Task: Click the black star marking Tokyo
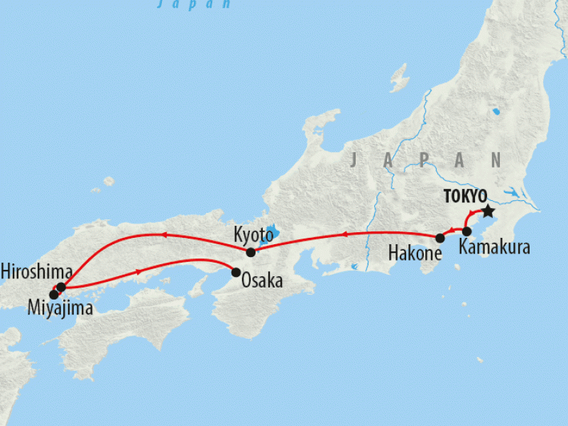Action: [488, 212]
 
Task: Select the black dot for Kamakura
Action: [467, 231]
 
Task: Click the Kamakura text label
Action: [493, 248]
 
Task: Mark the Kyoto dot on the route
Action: [250, 252]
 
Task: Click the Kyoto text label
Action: [253, 234]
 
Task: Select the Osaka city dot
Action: [236, 272]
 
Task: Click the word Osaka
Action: [263, 281]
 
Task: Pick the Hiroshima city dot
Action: [61, 287]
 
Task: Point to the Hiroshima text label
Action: [36, 271]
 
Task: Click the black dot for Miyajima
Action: [53, 294]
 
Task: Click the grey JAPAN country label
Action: [425, 160]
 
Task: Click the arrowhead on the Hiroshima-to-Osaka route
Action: [139, 271]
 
